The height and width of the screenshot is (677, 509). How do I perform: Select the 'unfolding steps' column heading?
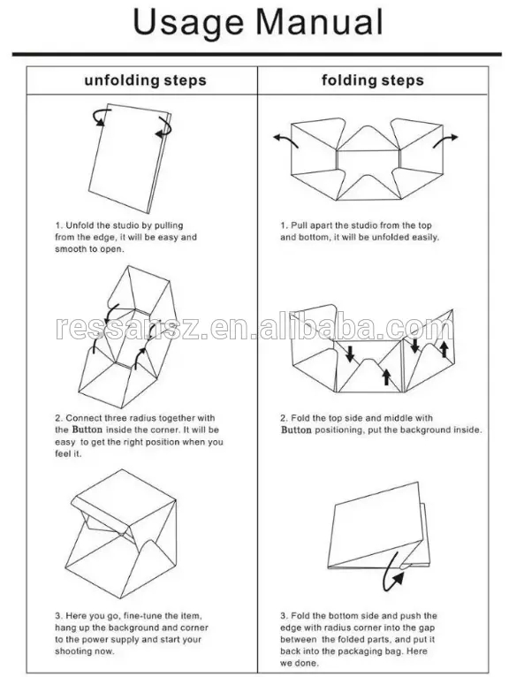145,80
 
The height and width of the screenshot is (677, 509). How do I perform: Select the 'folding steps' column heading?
371,80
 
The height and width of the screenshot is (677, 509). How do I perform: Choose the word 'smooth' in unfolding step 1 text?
72,249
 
